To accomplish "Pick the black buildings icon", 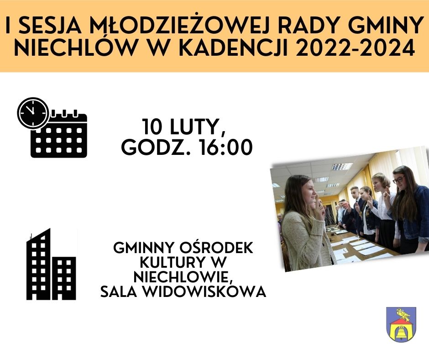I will [51, 265].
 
